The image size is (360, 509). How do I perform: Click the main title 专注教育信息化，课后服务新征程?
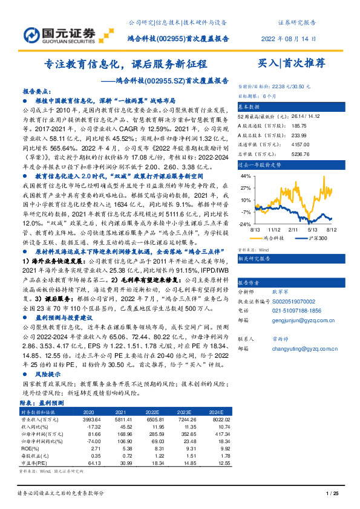click(x=126, y=63)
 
